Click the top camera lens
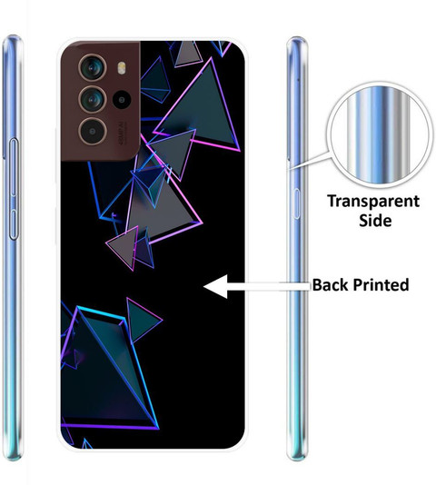[x=93, y=68]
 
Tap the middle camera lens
[x=93, y=100]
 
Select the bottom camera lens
[x=93, y=132]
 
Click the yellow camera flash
[x=122, y=68]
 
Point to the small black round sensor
[x=122, y=100]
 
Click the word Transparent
[x=373, y=202]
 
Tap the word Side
[x=375, y=221]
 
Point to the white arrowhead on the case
[x=215, y=286]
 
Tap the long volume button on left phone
[x=14, y=168]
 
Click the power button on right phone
[x=297, y=203]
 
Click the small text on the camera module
[x=121, y=133]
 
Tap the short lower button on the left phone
[x=14, y=224]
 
